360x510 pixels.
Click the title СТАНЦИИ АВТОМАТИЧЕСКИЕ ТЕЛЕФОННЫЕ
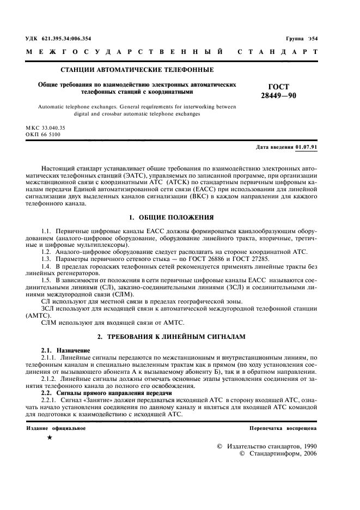(136, 70)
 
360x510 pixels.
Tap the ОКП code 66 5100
(55, 134)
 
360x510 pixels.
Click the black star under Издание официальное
(51, 438)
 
